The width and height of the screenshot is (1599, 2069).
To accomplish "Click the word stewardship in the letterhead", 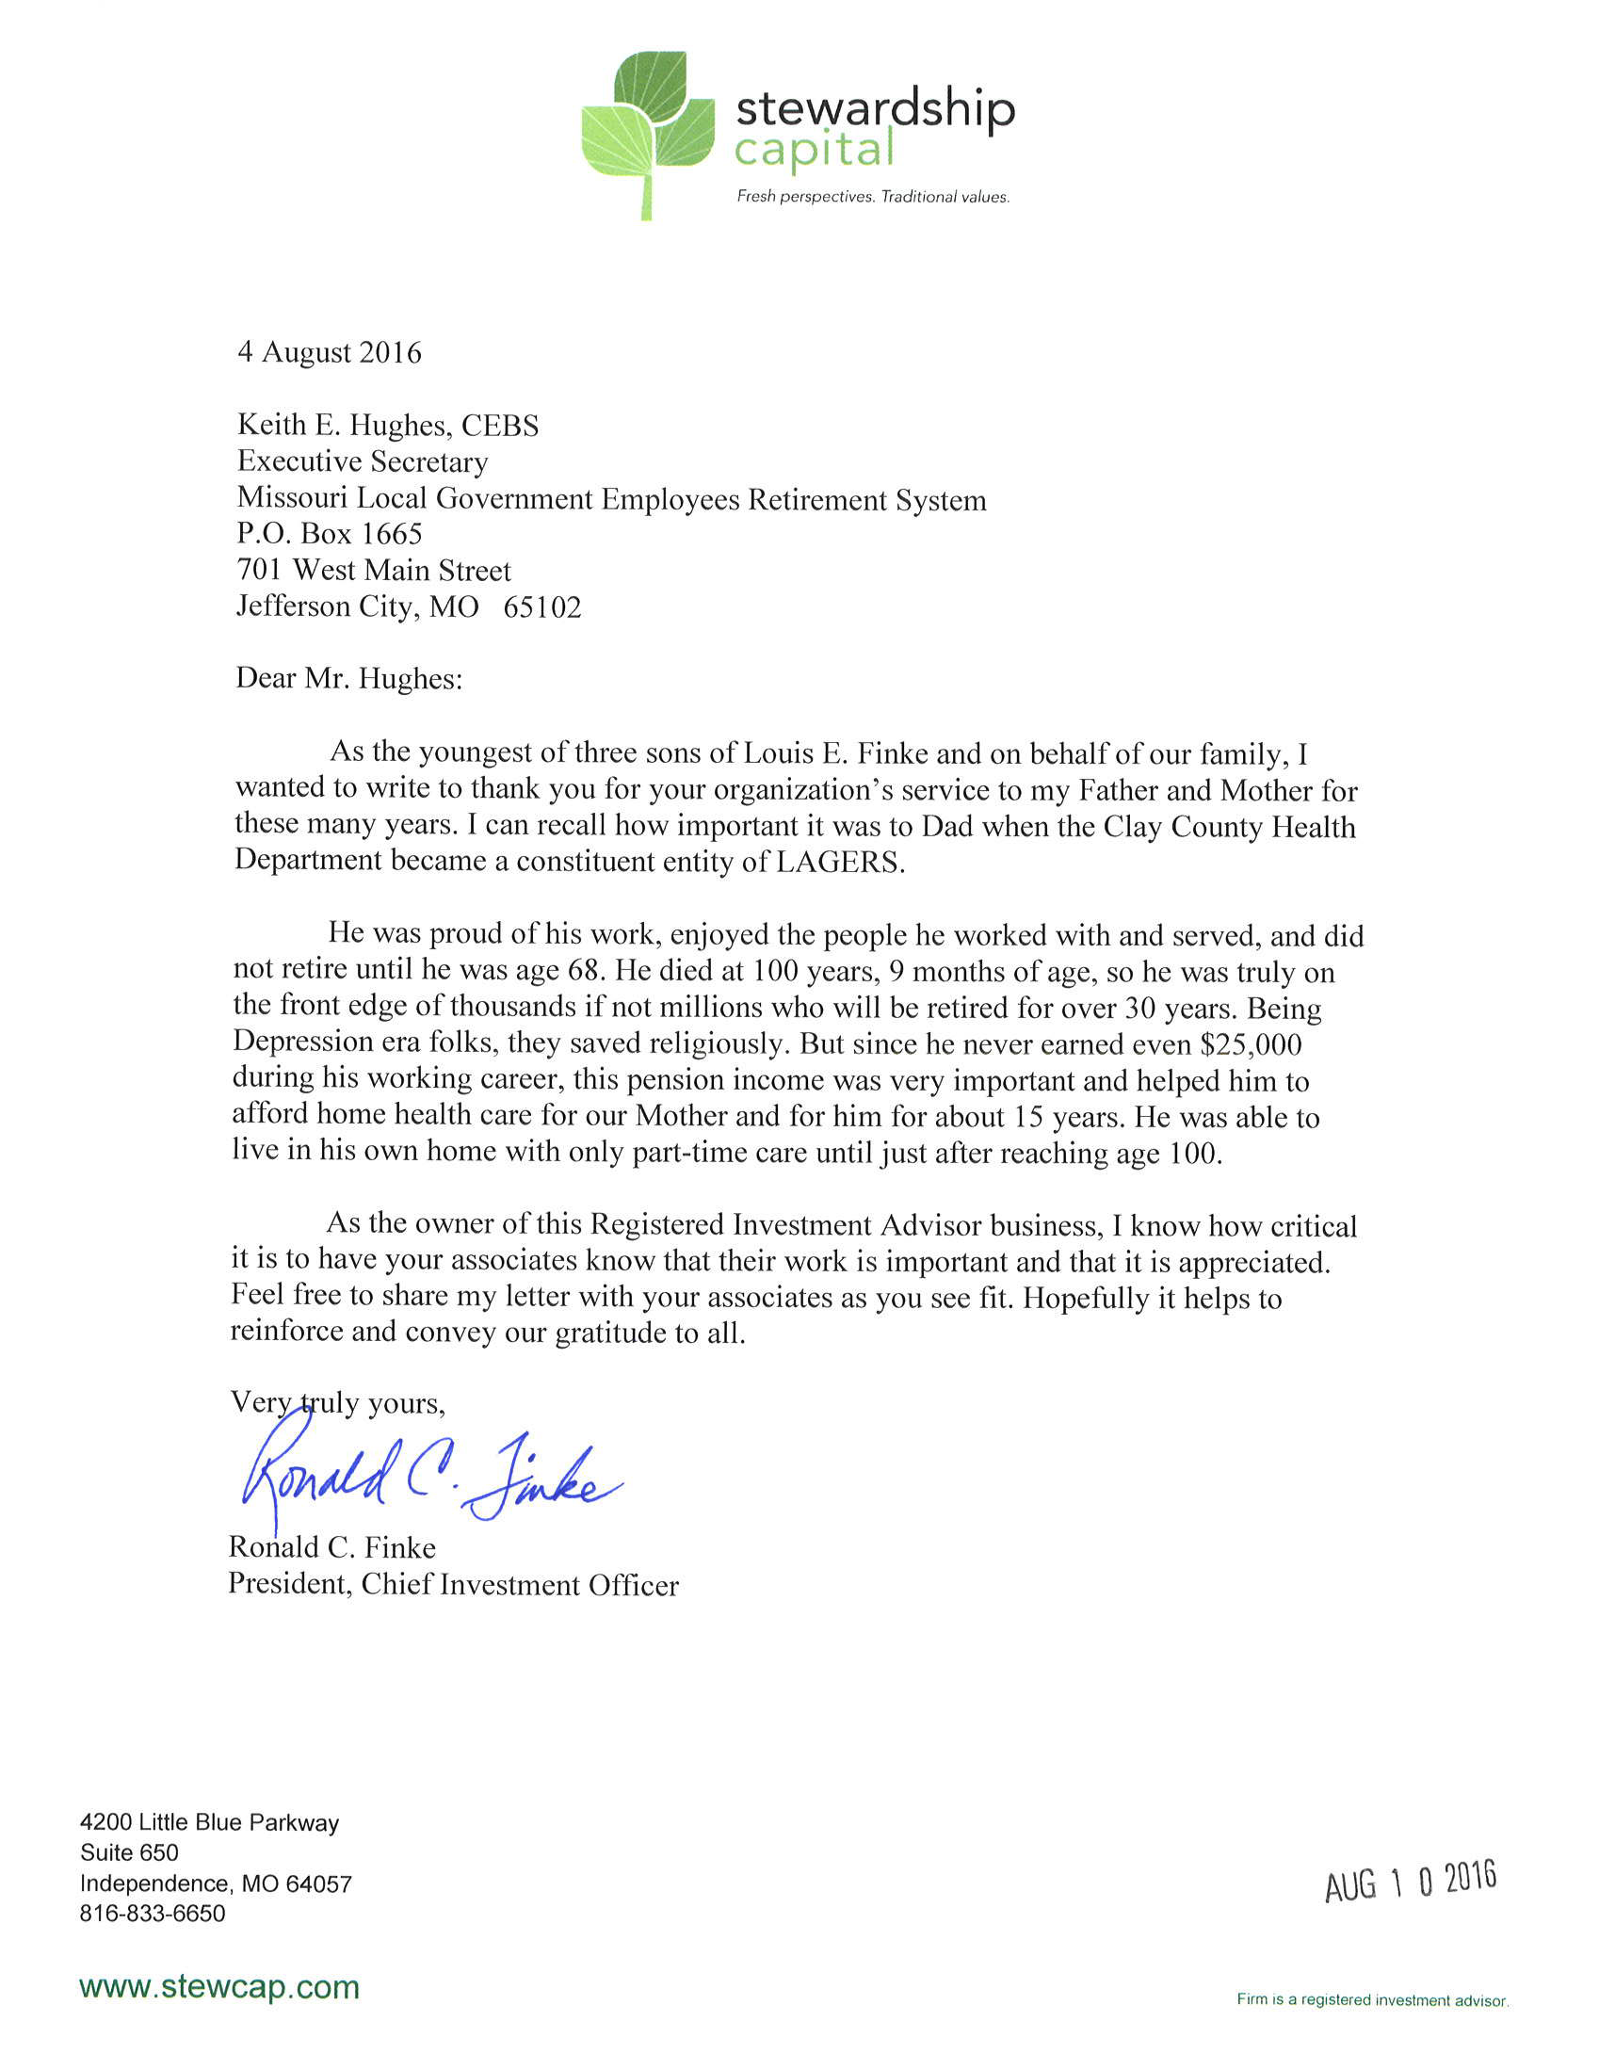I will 874,109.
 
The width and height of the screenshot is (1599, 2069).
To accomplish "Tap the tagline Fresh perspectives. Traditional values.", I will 872,197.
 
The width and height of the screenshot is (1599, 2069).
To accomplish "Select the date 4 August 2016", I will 329,352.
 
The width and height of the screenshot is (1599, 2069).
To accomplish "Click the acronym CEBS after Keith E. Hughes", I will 499,426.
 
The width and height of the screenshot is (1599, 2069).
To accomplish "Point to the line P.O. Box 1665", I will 329,534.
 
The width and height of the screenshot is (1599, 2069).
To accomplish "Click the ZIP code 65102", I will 541,607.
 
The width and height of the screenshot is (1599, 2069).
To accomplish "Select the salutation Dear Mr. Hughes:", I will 348,678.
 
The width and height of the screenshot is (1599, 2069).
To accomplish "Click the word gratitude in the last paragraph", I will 610,1333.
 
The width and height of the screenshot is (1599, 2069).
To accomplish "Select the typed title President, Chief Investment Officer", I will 453,1585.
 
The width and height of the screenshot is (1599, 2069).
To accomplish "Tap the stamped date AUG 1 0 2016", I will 1410,1881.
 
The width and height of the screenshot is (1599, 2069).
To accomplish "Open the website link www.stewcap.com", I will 218,1986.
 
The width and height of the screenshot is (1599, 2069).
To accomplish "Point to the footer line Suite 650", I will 130,1852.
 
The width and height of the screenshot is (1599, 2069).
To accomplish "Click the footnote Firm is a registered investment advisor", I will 1372,2000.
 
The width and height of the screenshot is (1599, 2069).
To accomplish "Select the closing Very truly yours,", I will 337,1402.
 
